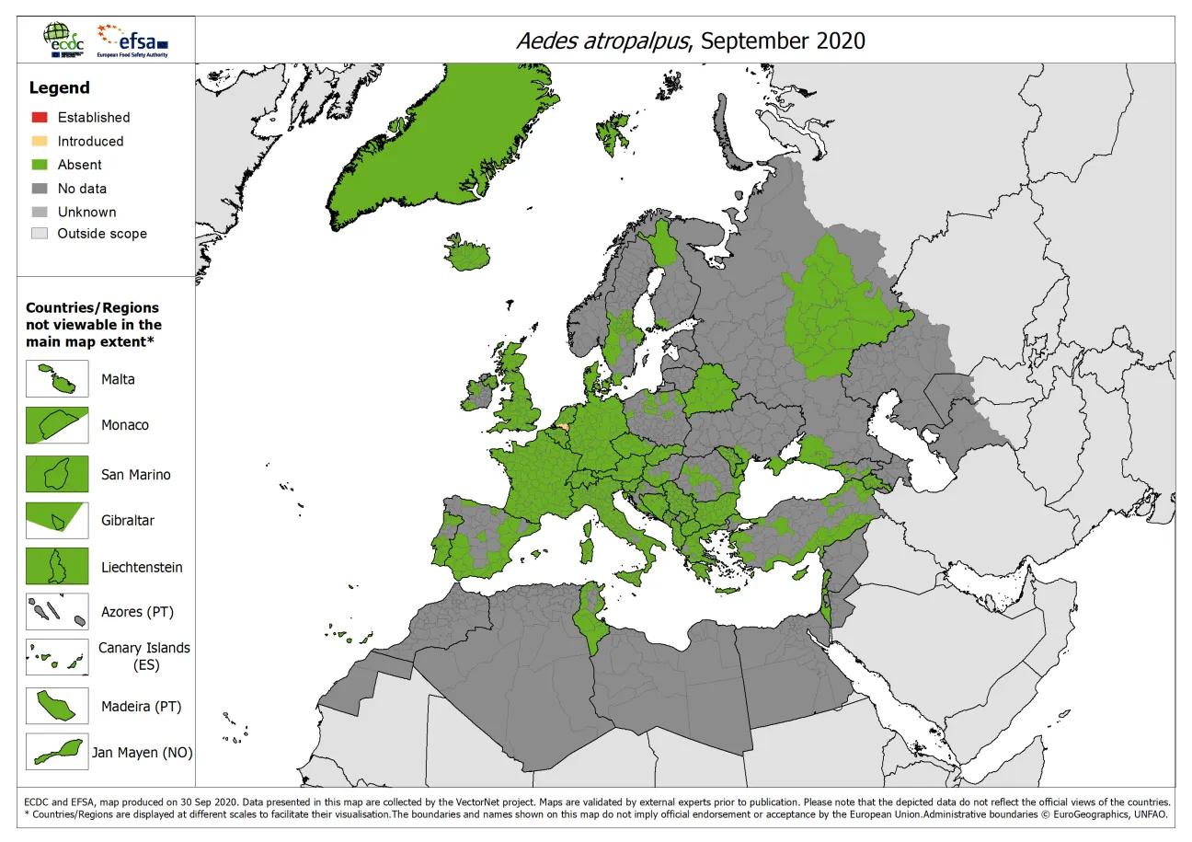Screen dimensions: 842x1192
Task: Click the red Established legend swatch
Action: tap(40, 117)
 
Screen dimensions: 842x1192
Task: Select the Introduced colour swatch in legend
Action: tap(40, 141)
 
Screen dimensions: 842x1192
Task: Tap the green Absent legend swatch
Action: tap(40, 165)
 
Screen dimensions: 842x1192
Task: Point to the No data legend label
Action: tap(82, 189)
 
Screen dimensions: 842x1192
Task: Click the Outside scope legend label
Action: tap(102, 234)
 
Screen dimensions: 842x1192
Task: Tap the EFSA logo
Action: tap(133, 40)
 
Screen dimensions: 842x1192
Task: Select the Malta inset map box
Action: tap(57, 379)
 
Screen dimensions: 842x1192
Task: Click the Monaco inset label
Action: tap(125, 425)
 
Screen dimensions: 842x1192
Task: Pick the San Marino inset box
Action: tap(57, 475)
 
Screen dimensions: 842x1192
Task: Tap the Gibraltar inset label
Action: tap(128, 521)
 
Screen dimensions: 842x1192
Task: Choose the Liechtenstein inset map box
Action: tap(57, 567)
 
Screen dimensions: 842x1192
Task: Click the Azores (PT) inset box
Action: tap(57, 612)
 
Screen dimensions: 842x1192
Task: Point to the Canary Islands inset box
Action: tap(57, 657)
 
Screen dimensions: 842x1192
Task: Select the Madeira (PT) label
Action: tap(141, 707)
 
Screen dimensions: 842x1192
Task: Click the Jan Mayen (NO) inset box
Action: tap(57, 752)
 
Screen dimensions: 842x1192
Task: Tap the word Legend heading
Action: tap(60, 88)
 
